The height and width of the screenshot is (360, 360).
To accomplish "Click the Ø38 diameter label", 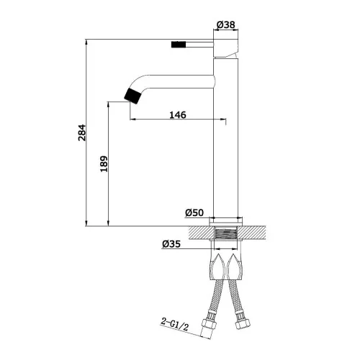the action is (x=226, y=24).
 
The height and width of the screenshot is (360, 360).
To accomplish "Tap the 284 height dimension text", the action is (x=82, y=132).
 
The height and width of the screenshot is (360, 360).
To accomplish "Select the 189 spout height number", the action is (x=104, y=164).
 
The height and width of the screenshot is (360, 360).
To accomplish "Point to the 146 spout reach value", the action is (x=178, y=114).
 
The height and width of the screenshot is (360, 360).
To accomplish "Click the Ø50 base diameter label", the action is (x=194, y=212).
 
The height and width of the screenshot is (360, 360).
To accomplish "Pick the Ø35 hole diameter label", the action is (x=171, y=244).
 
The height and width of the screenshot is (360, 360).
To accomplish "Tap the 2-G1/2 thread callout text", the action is (x=175, y=324).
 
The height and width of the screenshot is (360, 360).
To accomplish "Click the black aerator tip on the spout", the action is (x=132, y=96).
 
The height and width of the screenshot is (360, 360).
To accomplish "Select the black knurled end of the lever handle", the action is (x=179, y=45).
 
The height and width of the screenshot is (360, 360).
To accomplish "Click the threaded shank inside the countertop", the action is (x=225, y=233).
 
